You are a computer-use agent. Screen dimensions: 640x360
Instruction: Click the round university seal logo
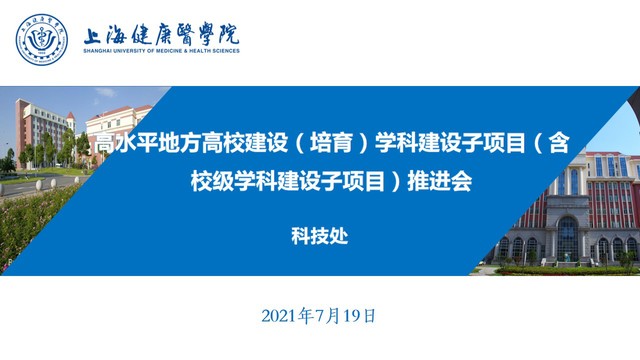pyautogui.click(x=42, y=40)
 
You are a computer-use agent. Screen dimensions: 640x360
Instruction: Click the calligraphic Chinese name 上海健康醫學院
pyautogui.click(x=162, y=34)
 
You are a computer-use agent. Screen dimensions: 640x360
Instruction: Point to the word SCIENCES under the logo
pyautogui.click(x=226, y=51)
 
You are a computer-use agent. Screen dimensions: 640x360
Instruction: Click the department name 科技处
pyautogui.click(x=320, y=236)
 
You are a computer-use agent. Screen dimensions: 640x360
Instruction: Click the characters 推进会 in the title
pyautogui.click(x=440, y=181)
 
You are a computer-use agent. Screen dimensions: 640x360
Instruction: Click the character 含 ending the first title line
pyautogui.click(x=559, y=143)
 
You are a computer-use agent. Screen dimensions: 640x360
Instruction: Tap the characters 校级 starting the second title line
pyautogui.click(x=212, y=181)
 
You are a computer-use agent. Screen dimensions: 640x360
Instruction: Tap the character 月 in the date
pyautogui.click(x=333, y=316)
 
